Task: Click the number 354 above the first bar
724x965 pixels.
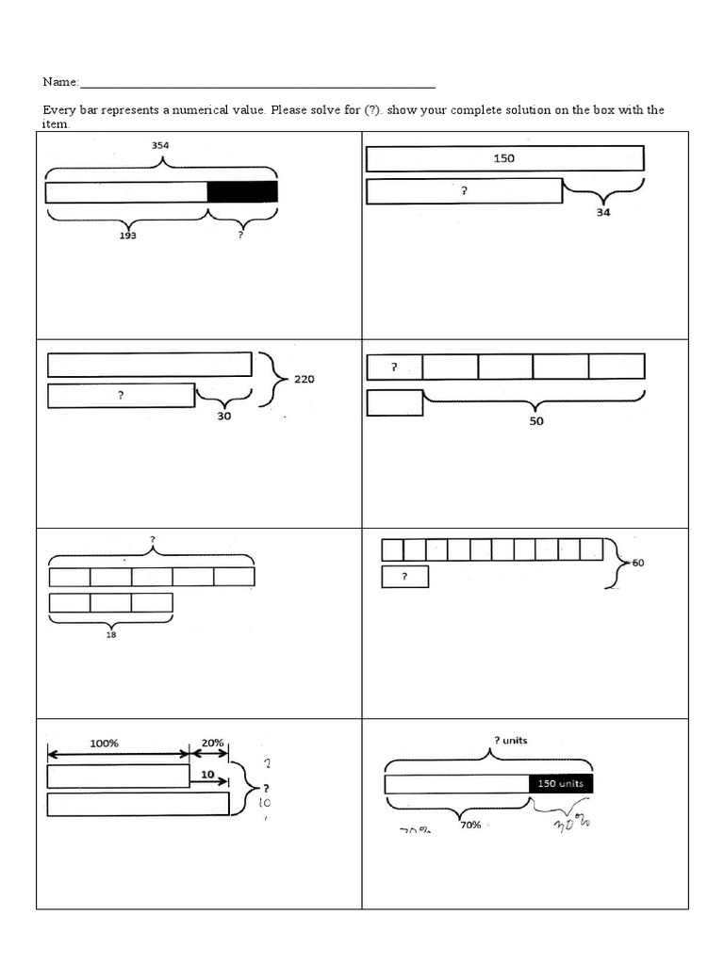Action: coord(161,145)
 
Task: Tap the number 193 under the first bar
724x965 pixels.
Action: coord(127,236)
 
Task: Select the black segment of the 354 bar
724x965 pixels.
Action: coord(242,192)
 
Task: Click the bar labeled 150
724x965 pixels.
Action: coord(504,158)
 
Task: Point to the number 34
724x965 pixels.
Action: coord(603,213)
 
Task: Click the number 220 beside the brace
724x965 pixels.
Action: coord(304,379)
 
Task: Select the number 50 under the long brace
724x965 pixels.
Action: coord(535,421)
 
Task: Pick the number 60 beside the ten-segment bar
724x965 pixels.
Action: coord(638,563)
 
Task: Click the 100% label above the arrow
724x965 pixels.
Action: coord(104,743)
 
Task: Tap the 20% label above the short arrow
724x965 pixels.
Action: coord(211,743)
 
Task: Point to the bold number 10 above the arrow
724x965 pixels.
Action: coord(207,775)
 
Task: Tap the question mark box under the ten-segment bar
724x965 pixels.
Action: coord(404,577)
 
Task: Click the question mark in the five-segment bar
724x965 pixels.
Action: coord(393,366)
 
